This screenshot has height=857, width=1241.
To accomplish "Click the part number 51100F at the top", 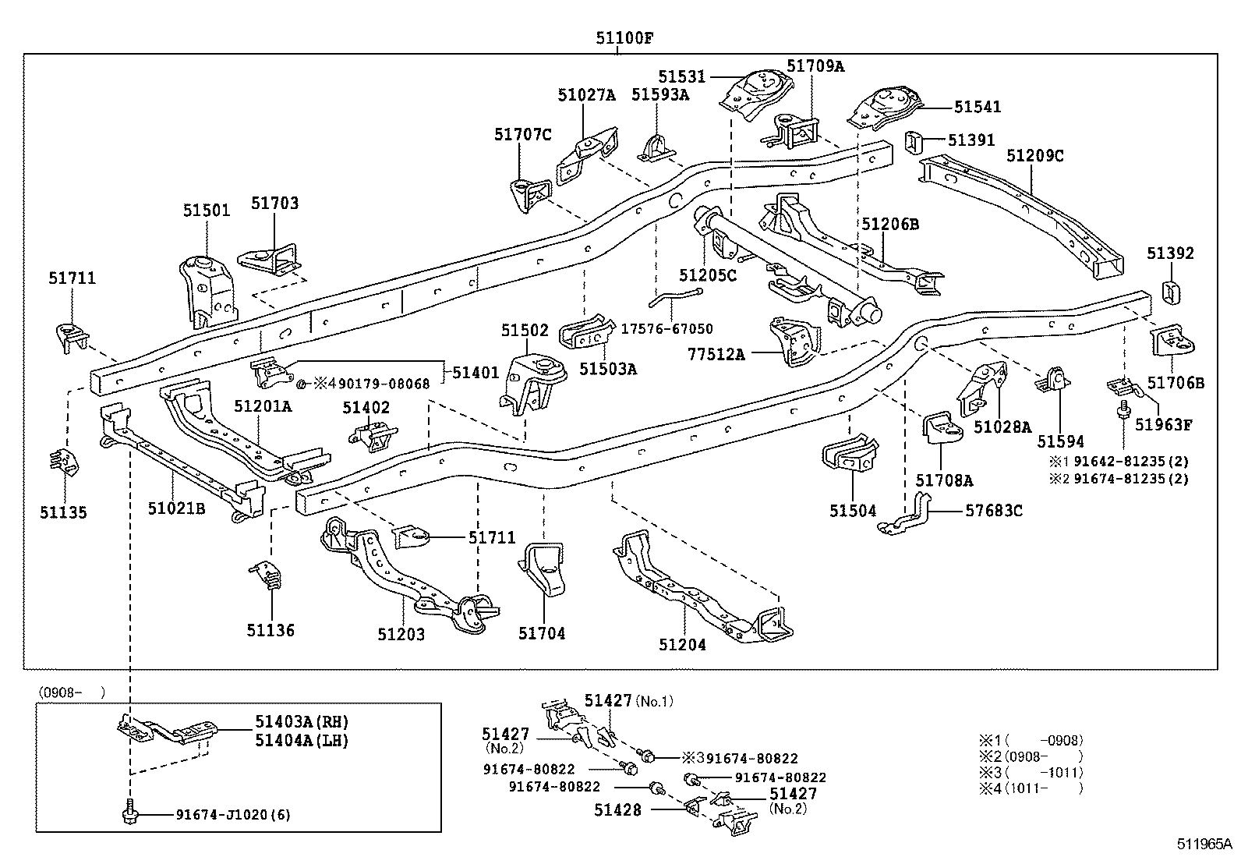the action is click(x=624, y=38).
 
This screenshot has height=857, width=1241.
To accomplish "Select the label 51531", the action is click(x=681, y=76).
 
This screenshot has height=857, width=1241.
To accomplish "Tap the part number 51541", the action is click(x=978, y=106).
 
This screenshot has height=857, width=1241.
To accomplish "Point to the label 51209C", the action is click(x=1035, y=156).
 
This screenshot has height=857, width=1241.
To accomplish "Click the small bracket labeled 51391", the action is click(x=913, y=143).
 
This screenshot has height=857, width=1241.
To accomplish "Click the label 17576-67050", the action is click(x=666, y=329).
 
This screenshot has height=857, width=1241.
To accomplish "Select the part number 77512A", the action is click(x=716, y=354).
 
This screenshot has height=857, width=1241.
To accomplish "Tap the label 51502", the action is click(x=525, y=331).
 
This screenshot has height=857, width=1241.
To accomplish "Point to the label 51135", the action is click(x=63, y=512).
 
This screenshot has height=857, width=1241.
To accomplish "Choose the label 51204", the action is click(x=682, y=645).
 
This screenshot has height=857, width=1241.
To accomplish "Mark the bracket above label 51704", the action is click(x=542, y=568).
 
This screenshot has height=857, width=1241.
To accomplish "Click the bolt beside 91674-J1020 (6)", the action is click(x=129, y=812).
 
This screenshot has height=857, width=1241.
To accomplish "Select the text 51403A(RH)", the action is click(x=302, y=722).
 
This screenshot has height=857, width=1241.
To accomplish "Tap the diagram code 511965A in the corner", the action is click(x=1204, y=844).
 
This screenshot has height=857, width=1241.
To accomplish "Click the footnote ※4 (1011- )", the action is click(x=1031, y=788).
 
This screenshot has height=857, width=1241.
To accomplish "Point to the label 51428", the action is click(x=617, y=810).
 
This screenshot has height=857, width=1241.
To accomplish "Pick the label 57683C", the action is click(x=994, y=511).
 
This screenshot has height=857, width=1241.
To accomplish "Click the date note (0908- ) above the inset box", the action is click(x=72, y=692).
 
